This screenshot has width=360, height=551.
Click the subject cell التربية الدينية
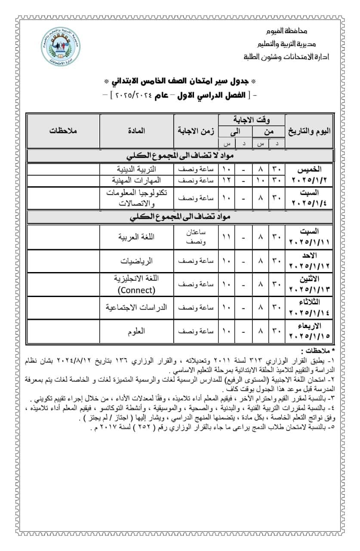coord(137,169)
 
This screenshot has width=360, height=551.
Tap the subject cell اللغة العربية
coord(137,237)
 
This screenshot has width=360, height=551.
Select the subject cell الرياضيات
coord(137,261)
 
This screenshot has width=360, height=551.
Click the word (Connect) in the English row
coord(137,290)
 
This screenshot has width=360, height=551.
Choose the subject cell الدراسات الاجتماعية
coord(137,307)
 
